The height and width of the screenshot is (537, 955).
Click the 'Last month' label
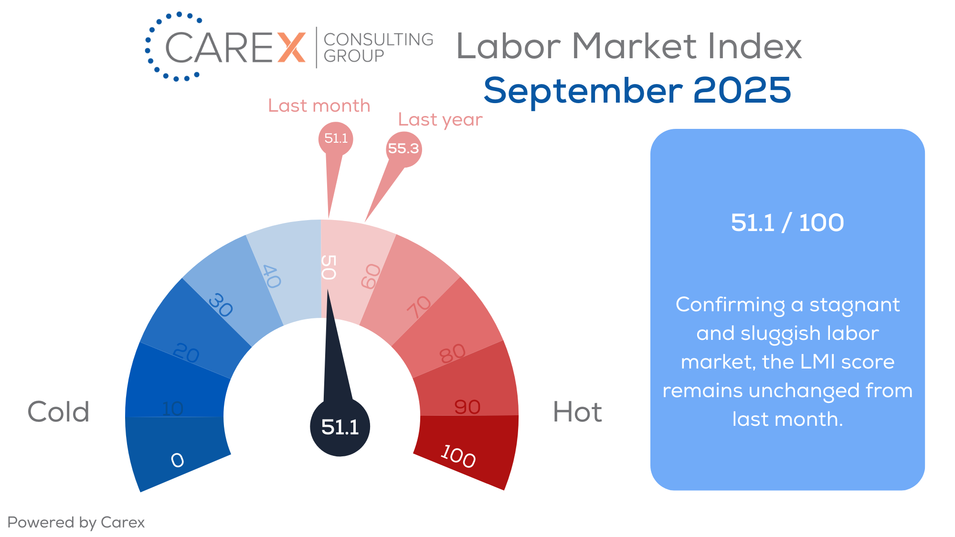pos(319,105)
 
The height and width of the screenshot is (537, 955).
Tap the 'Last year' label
pos(440,120)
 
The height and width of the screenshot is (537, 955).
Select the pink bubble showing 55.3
pos(403,149)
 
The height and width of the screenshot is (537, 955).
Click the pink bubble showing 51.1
pos(336,138)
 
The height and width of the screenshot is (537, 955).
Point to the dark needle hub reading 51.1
pos(340,427)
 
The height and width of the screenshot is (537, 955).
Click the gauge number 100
pos(458,456)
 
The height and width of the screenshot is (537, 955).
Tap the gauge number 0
pos(177,460)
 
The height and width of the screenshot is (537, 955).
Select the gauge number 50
pos(329,267)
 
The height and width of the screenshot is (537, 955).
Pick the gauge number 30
pos(221,305)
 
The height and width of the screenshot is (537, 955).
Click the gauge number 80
pos(452,353)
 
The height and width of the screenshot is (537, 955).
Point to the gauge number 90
pos(467,407)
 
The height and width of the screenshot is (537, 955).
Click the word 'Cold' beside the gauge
pos(58,411)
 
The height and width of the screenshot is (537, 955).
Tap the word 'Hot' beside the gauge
pos(577,411)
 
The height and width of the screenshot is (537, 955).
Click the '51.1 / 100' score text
pos(787,222)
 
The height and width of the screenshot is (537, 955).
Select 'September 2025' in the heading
pos(637,91)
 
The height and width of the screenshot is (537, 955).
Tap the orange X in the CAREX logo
pos(291,47)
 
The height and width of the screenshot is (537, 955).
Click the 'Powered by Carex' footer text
pos(76,523)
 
